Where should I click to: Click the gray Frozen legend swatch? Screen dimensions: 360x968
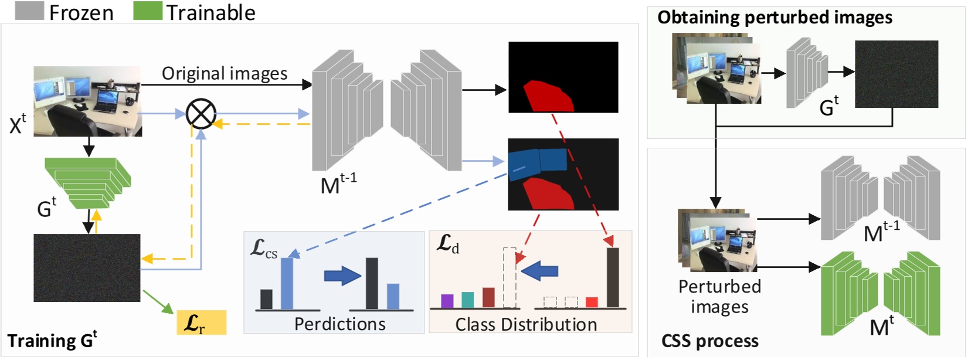[29, 11]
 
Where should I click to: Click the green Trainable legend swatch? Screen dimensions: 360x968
[147, 11]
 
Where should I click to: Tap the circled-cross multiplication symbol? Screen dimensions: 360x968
[201, 114]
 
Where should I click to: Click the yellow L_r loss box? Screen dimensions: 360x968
[201, 322]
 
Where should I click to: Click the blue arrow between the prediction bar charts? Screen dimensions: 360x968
[342, 275]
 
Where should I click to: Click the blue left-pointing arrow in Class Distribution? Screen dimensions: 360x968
[539, 271]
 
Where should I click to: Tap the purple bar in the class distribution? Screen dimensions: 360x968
[447, 301]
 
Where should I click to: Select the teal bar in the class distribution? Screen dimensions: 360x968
[467, 300]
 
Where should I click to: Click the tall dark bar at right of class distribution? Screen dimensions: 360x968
[613, 277]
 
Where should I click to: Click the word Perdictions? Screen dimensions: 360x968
[339, 324]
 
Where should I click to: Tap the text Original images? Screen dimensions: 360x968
[225, 73]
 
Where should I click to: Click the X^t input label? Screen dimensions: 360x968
[18, 124]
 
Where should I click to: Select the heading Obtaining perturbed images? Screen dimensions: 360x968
[775, 18]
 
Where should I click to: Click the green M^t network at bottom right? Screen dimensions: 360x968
[880, 293]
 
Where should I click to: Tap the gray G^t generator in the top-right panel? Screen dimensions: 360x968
[807, 73]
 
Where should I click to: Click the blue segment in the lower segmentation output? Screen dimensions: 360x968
[537, 162]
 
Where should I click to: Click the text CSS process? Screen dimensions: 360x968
[709, 341]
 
